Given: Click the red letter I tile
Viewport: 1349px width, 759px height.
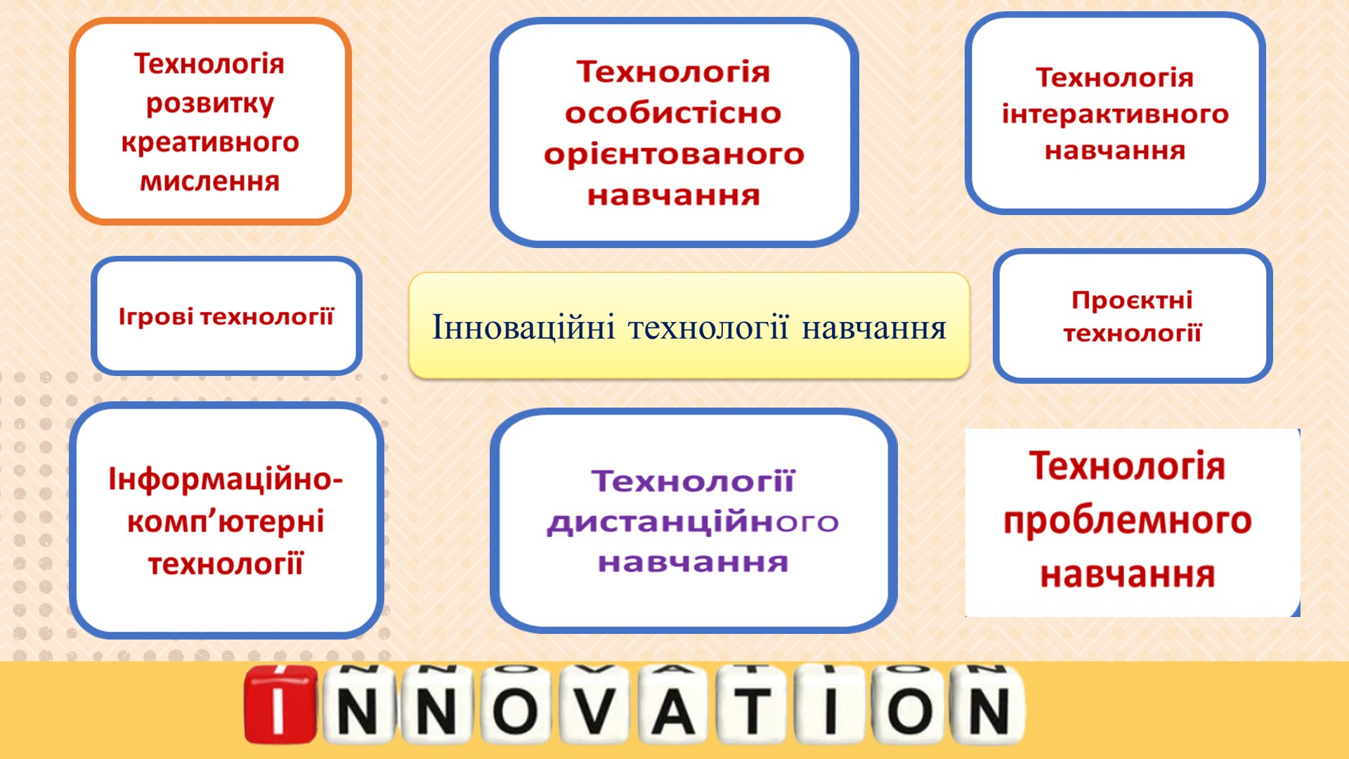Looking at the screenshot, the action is click(x=280, y=704).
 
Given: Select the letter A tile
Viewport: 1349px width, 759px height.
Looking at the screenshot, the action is click(x=674, y=706).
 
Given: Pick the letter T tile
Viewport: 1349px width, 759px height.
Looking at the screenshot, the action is click(x=752, y=706).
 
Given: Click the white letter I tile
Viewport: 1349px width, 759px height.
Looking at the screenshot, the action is click(x=831, y=706).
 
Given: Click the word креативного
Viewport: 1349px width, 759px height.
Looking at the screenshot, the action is click(x=210, y=143).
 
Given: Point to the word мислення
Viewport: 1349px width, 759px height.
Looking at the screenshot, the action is click(x=210, y=181).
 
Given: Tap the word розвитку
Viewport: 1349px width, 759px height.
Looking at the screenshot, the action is click(x=210, y=104).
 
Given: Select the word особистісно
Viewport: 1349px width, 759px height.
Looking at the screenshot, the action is click(x=673, y=113).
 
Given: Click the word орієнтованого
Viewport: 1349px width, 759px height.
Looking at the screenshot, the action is click(x=674, y=155).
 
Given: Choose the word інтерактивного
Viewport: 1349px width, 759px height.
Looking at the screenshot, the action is click(x=1115, y=114).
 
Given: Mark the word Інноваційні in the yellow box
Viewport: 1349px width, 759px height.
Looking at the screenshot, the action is click(x=523, y=327).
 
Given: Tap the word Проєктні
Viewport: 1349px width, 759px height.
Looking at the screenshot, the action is click(x=1132, y=300).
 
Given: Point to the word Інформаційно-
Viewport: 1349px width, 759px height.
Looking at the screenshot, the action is click(x=226, y=479).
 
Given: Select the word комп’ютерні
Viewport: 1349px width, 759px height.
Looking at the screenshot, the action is click(x=226, y=521).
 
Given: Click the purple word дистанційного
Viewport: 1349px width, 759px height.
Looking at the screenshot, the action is click(x=693, y=522).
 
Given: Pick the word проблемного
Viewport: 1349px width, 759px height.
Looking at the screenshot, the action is click(x=1127, y=521).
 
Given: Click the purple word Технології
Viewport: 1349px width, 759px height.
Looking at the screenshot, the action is click(x=693, y=481).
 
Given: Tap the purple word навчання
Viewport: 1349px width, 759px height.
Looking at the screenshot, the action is click(x=693, y=562).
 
